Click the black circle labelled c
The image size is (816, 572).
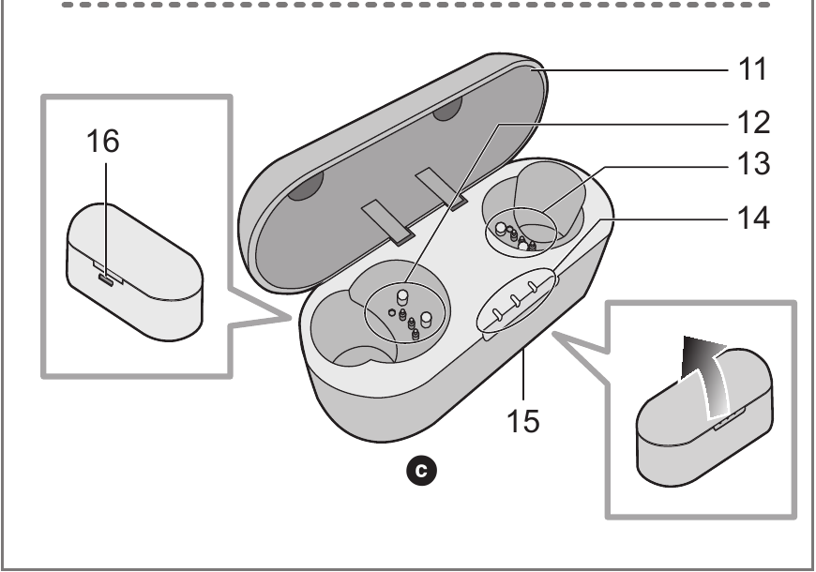tap(427, 465)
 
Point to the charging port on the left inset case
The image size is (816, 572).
tap(106, 278)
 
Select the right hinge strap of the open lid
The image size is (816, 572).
tap(443, 187)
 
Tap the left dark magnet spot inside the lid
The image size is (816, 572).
tap(306, 188)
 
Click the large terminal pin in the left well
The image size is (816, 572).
tap(425, 320)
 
